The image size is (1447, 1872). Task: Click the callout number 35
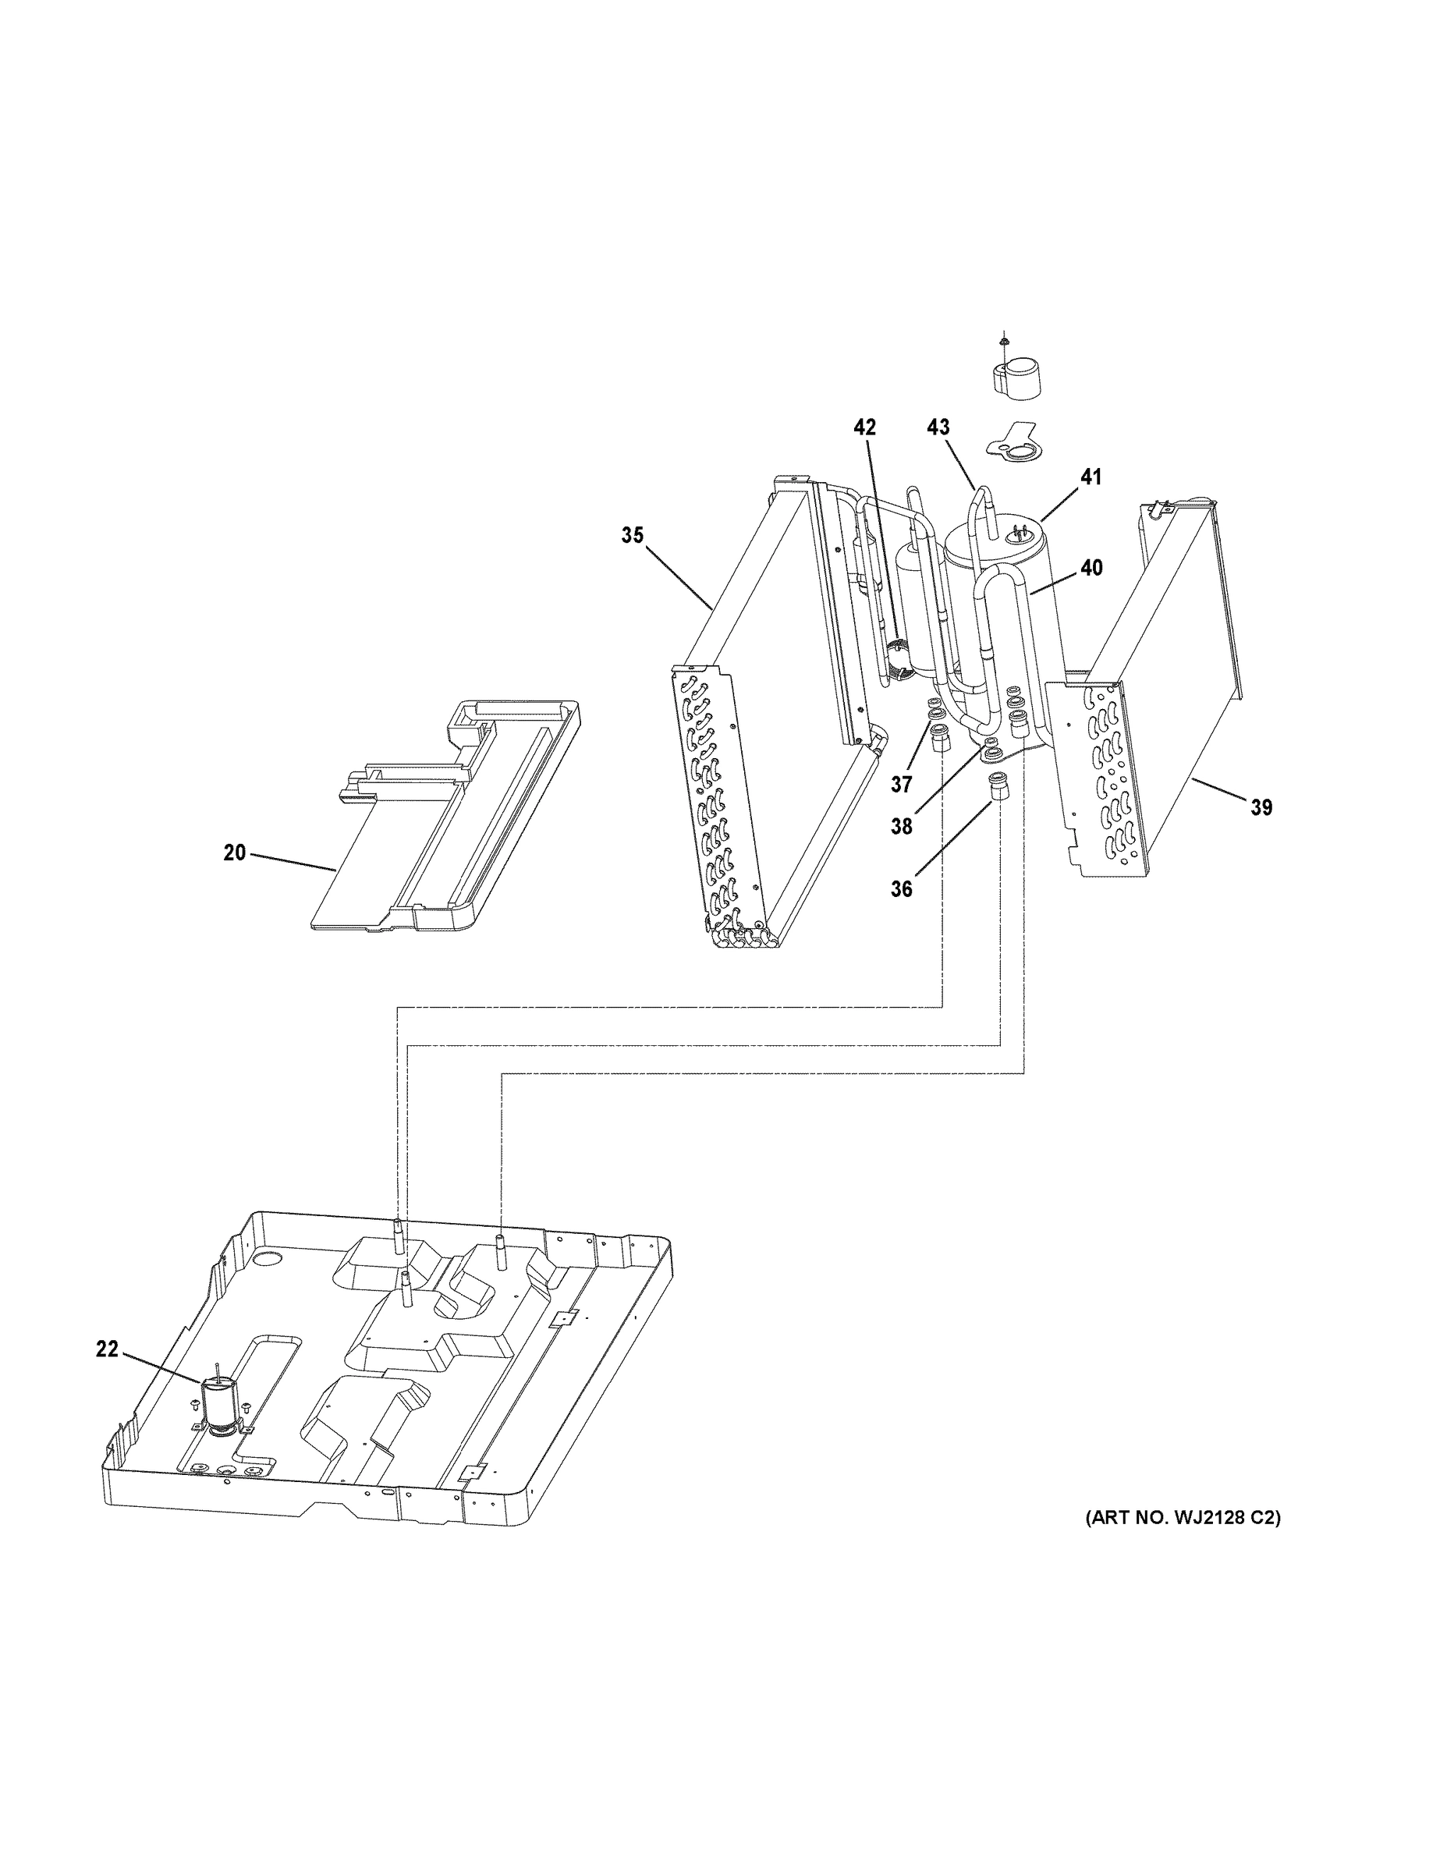click(632, 536)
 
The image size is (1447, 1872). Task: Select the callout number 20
click(234, 853)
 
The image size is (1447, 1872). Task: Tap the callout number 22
click(106, 1349)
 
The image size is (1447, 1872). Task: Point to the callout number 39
click(1261, 807)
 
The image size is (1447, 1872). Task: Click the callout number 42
click(865, 427)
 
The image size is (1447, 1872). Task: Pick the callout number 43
click(938, 427)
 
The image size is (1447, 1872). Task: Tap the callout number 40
click(1091, 567)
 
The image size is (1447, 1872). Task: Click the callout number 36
click(901, 890)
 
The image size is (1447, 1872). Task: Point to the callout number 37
click(901, 784)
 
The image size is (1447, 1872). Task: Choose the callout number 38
click(901, 826)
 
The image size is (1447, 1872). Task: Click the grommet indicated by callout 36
click(998, 784)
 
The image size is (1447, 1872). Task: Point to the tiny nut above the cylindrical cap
click(1003, 341)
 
